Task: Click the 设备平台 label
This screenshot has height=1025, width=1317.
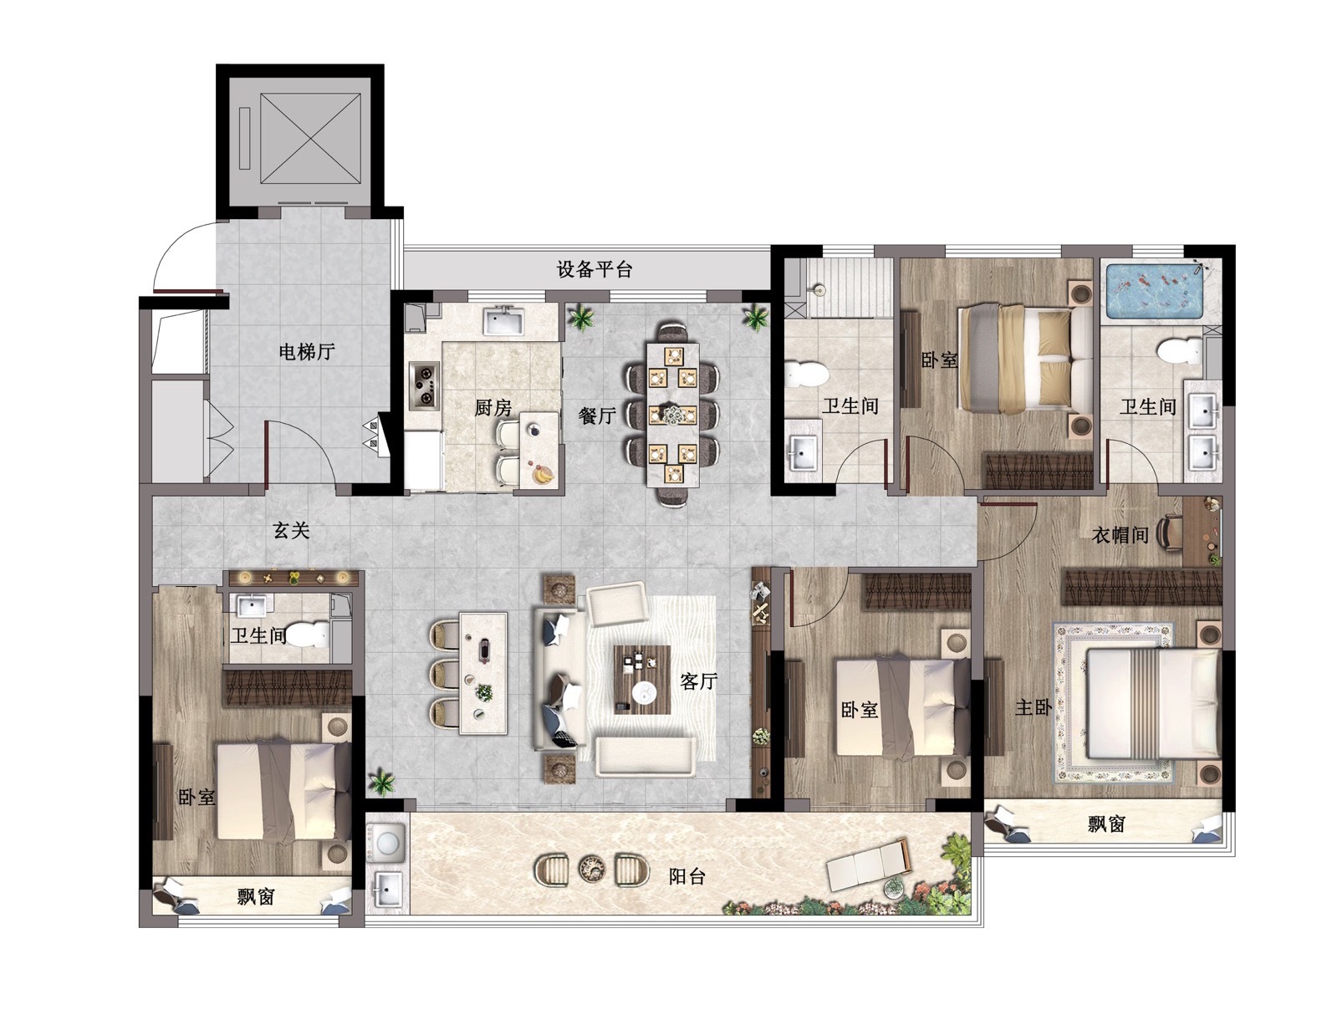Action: pos(594,269)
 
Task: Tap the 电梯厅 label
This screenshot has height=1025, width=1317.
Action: pos(307,351)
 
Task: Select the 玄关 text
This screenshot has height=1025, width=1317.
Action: pos(292,531)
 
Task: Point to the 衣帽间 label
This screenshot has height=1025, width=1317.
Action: pos(1120,534)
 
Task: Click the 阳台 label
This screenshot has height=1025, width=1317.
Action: pos(687,876)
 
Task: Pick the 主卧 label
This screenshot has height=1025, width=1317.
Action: pos(1034,707)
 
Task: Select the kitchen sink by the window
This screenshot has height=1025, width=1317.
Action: pos(504,319)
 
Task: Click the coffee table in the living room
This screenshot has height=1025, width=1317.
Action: pos(642,679)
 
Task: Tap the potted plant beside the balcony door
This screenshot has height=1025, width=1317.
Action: pos(382,782)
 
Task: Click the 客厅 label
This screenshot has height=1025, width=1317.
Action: pos(698,681)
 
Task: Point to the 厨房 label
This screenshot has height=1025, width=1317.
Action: pos(493,408)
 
